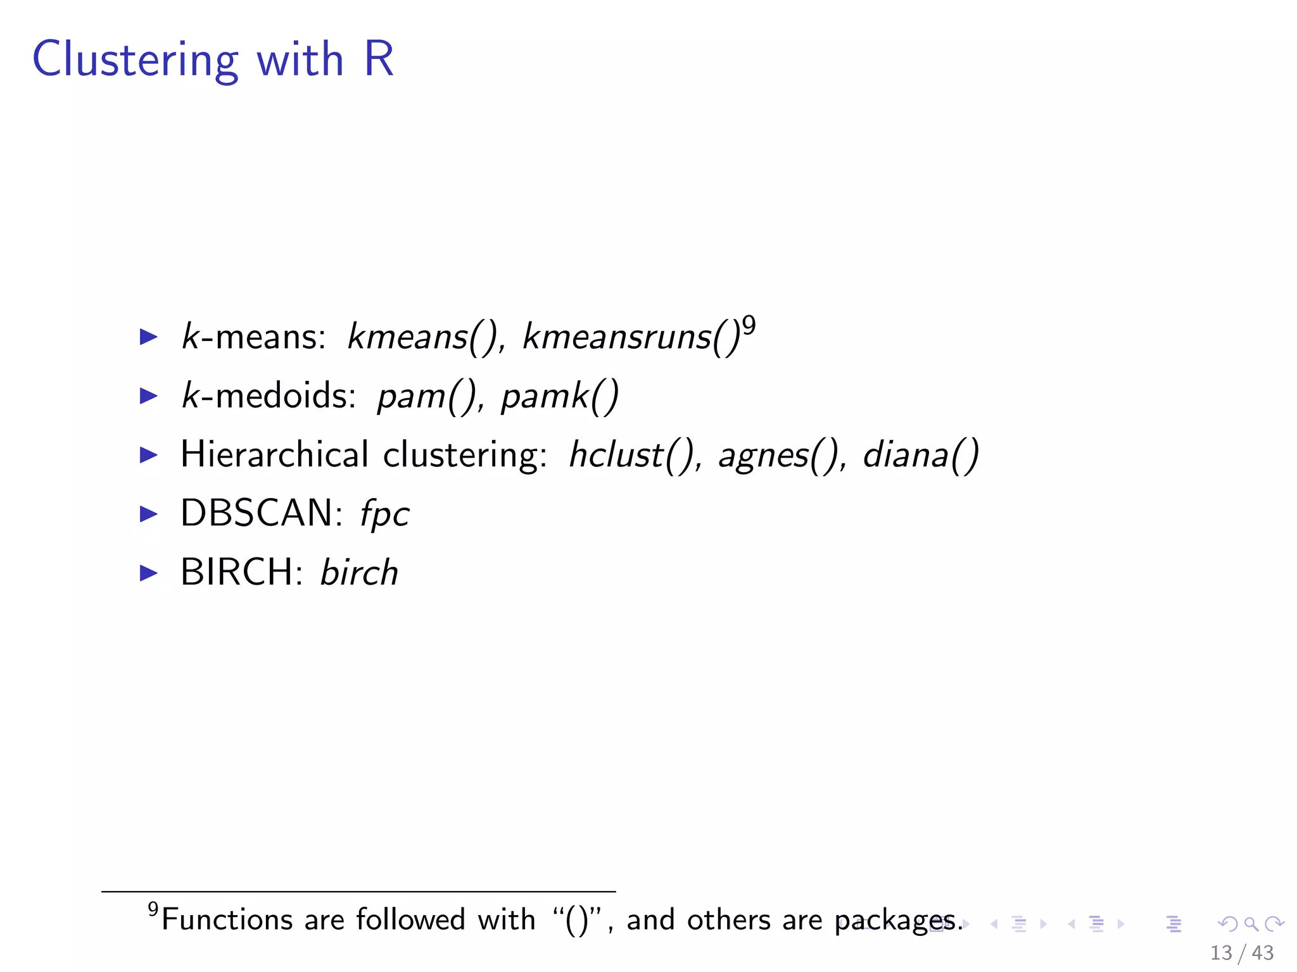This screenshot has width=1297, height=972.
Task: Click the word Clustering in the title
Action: click(x=136, y=60)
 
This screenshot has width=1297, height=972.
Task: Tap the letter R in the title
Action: click(x=379, y=59)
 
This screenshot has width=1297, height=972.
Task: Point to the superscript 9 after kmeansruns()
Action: click(x=749, y=326)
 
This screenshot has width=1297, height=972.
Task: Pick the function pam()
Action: click(x=427, y=396)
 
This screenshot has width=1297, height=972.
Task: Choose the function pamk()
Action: click(x=559, y=396)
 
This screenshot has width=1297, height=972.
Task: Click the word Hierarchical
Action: click(x=274, y=454)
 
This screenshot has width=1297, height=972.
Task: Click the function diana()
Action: click(x=920, y=455)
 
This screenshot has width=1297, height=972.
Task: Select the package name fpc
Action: click(x=384, y=514)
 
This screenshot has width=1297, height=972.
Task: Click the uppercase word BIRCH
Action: click(x=237, y=572)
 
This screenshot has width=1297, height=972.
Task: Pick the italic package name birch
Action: click(x=359, y=572)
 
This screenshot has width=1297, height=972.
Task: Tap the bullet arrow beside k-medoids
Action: click(x=148, y=396)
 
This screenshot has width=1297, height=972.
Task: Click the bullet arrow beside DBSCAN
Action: click(x=148, y=513)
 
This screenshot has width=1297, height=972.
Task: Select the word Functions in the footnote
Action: click(x=227, y=919)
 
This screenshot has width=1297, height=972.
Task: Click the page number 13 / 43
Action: click(x=1241, y=952)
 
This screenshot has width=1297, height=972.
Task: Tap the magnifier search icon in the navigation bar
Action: click(x=1251, y=924)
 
